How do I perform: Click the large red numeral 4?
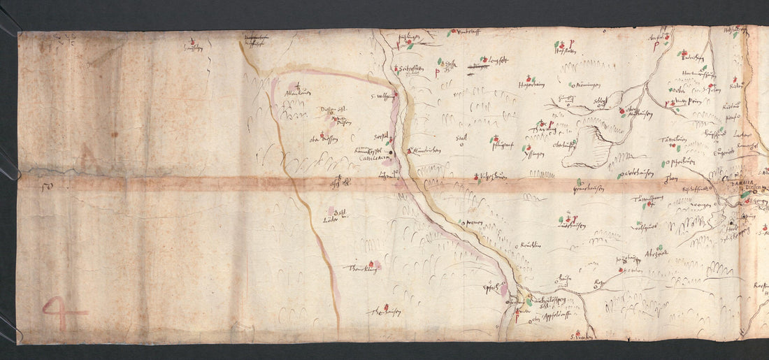pyautogui.click(x=62, y=312)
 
